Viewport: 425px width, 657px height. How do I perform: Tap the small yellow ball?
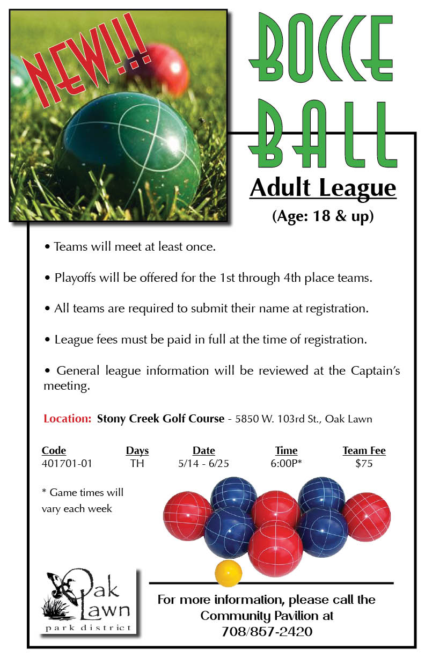[228, 573]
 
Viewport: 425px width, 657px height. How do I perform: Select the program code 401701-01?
[67, 463]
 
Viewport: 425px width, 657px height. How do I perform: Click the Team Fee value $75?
[364, 463]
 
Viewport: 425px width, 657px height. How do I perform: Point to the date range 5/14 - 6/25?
[203, 463]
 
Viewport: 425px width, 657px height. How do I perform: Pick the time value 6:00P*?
[286, 463]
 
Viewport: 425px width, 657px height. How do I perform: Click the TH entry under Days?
[137, 463]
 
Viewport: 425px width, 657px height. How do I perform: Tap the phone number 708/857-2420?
[267, 631]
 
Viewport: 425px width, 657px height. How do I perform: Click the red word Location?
[68, 419]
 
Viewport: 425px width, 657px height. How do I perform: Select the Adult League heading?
[323, 188]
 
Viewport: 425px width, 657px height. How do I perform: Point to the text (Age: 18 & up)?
[323, 216]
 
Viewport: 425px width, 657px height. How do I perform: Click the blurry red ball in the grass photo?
[160, 69]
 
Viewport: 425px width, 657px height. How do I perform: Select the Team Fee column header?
[364, 450]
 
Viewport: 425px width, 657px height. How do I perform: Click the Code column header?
[54, 450]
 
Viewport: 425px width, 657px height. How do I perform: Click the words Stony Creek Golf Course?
[160, 419]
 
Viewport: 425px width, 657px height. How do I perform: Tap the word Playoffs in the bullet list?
[75, 278]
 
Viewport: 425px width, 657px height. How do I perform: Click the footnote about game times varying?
[83, 500]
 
